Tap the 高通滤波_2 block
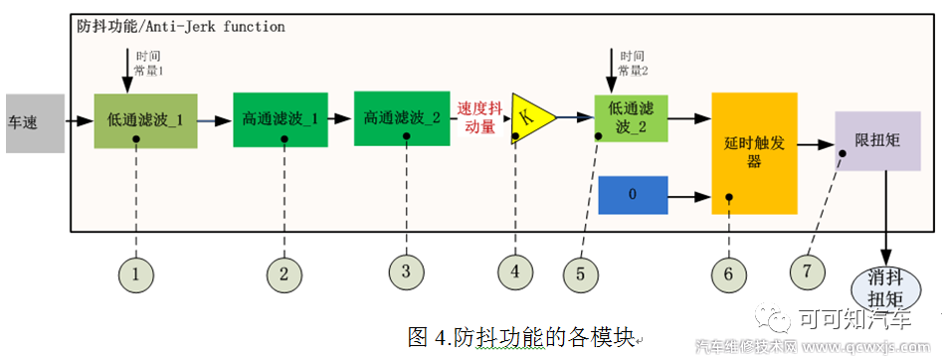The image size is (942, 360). coord(402,117)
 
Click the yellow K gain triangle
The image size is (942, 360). coord(529,117)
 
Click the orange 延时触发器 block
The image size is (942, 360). coord(754,153)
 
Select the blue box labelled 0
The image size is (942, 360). coord(632,195)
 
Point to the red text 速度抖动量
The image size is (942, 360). coord(479,117)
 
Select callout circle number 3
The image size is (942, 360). coord(405,270)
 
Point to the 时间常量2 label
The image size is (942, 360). coord(634,64)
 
